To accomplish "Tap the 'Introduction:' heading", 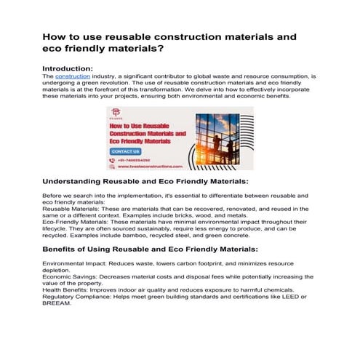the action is (71, 67).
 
